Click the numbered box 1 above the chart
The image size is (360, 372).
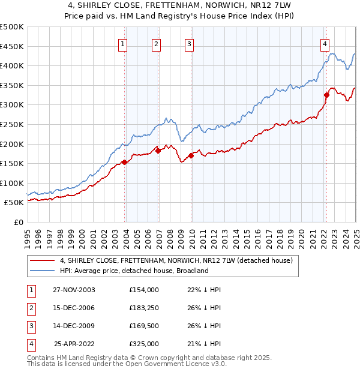[122, 43]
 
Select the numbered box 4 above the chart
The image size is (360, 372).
[324, 43]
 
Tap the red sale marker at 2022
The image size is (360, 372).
[327, 95]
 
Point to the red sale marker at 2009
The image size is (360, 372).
[191, 155]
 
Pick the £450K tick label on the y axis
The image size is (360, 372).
[12, 46]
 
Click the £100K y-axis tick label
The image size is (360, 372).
[12, 183]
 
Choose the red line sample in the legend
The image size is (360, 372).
[43, 260]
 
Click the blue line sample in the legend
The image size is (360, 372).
[43, 271]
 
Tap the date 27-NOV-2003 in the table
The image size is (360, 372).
[74, 290]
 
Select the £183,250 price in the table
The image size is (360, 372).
[144, 308]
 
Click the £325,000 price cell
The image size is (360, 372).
[144, 344]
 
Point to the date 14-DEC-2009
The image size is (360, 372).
[74, 326]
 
